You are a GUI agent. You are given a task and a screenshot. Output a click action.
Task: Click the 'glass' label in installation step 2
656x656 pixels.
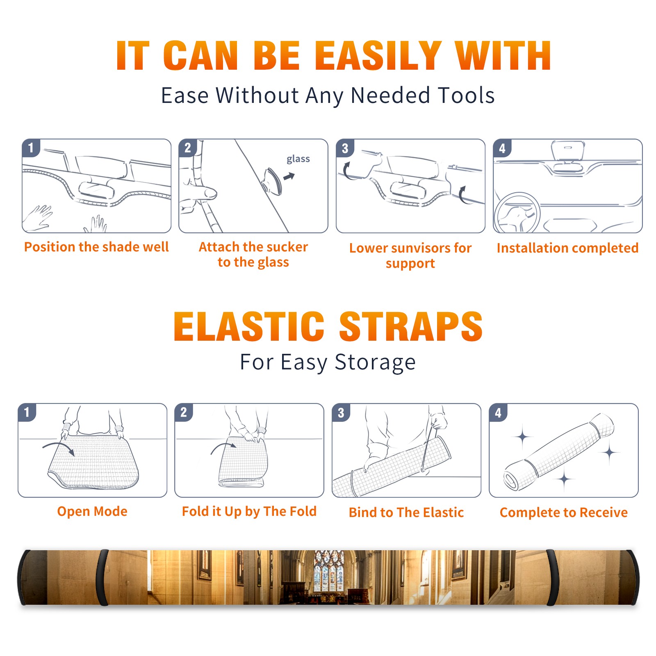click(298, 159)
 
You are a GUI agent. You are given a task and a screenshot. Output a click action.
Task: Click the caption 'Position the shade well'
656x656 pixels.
click(96, 247)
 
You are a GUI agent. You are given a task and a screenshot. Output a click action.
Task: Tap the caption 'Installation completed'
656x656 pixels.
click(567, 248)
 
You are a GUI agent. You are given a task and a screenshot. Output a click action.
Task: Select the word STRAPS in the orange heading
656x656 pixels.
click(411, 326)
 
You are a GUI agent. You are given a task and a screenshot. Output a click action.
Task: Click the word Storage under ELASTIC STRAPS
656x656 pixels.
click(375, 362)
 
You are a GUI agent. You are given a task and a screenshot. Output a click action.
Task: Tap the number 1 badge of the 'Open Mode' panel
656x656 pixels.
click(27, 412)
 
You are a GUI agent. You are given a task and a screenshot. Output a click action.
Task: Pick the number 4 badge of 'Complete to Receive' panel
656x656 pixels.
click(498, 412)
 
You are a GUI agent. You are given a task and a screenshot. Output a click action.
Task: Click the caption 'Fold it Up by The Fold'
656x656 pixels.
click(249, 512)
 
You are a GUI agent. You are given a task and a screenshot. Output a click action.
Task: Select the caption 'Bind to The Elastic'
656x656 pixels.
click(406, 512)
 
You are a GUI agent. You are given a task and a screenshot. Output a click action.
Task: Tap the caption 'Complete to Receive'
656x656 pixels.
click(564, 512)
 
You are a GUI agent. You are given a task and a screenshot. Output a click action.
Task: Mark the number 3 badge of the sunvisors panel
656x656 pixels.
click(345, 148)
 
